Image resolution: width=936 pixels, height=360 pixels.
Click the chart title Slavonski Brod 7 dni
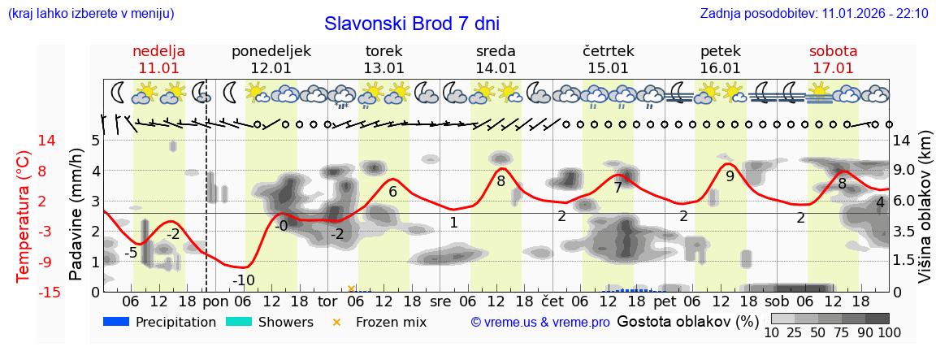411,24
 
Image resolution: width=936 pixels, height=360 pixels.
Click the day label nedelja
159,51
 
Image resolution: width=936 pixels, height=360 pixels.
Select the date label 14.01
496,68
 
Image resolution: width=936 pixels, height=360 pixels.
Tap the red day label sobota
833,51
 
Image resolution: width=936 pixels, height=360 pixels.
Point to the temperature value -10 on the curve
244,280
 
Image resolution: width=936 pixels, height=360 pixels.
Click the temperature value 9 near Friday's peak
730,176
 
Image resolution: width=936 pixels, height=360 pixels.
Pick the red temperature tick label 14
47,141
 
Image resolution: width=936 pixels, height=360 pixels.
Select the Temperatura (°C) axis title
23,216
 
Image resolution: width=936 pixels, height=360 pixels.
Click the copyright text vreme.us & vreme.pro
540,322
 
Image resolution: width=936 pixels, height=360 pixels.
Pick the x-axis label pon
215,301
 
